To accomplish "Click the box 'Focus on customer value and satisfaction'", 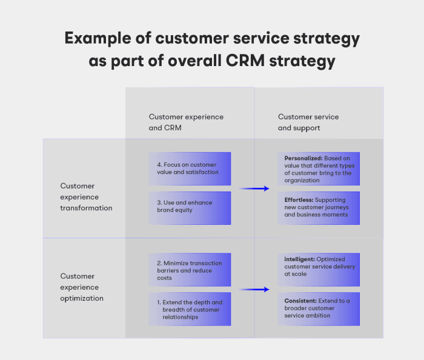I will click(190, 168).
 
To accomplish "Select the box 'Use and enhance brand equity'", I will click(190, 208).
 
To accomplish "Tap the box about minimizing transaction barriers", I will click(190, 270).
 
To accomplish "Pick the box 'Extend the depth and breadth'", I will click(190, 309).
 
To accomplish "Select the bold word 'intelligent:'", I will click(298, 259).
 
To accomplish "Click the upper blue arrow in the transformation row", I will click(254, 188).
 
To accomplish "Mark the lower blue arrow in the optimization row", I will click(254, 290).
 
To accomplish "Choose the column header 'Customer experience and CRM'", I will click(186, 122).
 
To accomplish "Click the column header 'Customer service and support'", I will click(308, 122).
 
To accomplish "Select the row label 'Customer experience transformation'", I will click(86, 197).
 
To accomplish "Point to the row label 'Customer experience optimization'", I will click(82, 287).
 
